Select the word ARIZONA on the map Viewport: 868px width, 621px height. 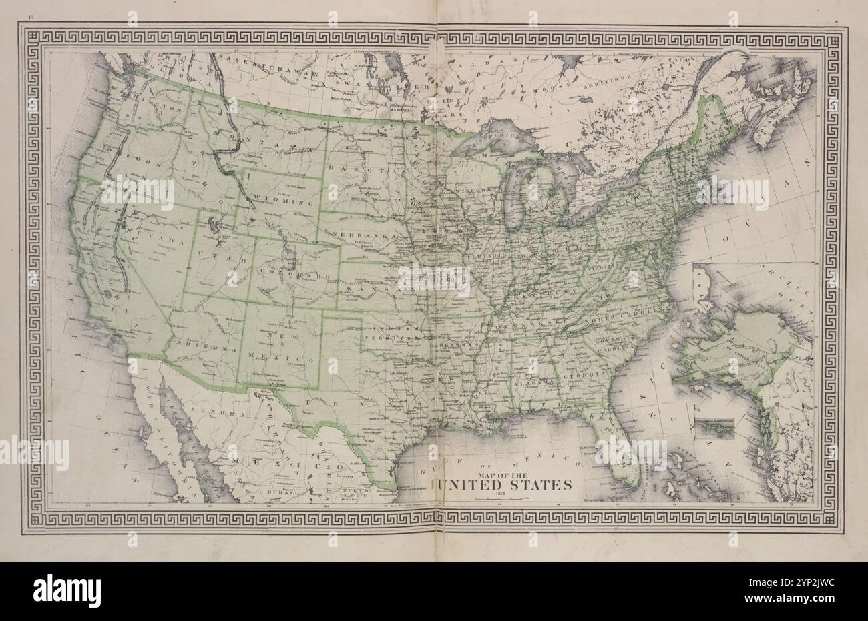[x=199, y=348]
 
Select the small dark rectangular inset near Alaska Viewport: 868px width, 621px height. [x=714, y=428]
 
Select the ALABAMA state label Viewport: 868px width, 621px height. [x=534, y=381]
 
